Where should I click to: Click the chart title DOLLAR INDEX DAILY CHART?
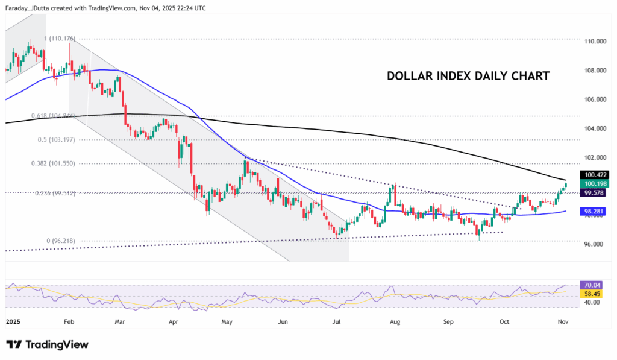468,77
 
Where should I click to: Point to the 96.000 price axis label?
593,244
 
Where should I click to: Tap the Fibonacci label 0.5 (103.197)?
56,139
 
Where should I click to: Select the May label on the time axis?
227,323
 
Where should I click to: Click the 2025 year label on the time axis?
13,323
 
